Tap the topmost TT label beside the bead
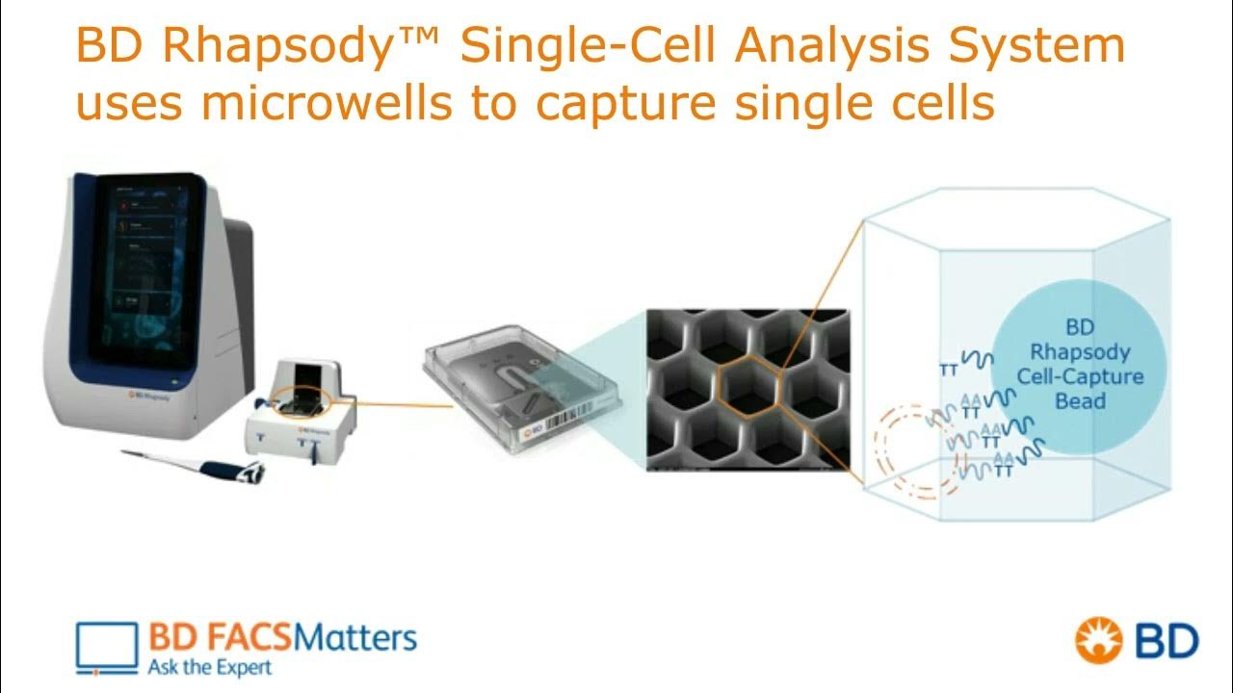pyautogui.click(x=949, y=367)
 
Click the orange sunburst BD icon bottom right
pyautogui.click(x=1101, y=641)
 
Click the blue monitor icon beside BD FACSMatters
pyautogui.click(x=107, y=647)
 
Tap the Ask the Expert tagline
pyautogui.click(x=210, y=666)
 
